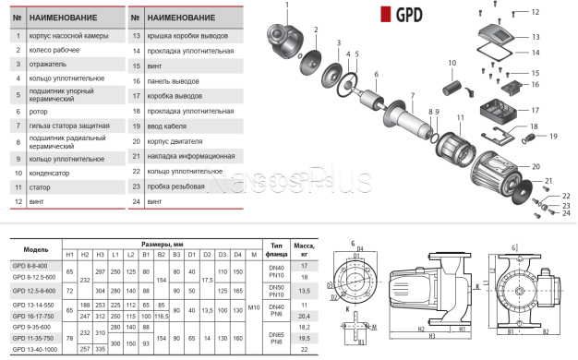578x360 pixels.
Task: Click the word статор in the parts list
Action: coord(40,186)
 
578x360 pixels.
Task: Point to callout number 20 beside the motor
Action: coord(536,168)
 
